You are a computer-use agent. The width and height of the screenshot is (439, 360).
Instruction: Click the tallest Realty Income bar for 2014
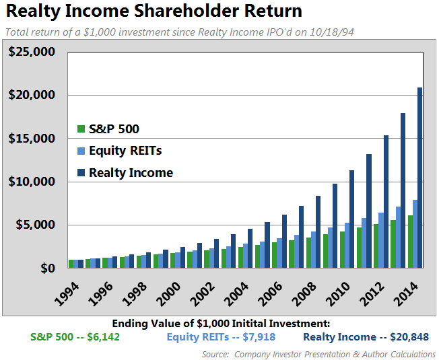tap(420, 178)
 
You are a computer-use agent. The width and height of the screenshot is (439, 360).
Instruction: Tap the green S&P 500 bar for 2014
tap(409, 242)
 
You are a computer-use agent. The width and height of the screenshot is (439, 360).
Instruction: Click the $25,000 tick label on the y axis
tap(32, 52)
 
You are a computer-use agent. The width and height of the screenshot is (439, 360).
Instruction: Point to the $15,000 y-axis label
tap(32, 139)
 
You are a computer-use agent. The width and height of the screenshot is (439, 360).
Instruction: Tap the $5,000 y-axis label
tap(35, 225)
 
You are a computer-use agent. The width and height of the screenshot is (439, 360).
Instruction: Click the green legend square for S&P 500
tap(81, 129)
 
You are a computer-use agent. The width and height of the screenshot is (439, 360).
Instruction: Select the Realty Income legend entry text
tap(131, 173)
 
